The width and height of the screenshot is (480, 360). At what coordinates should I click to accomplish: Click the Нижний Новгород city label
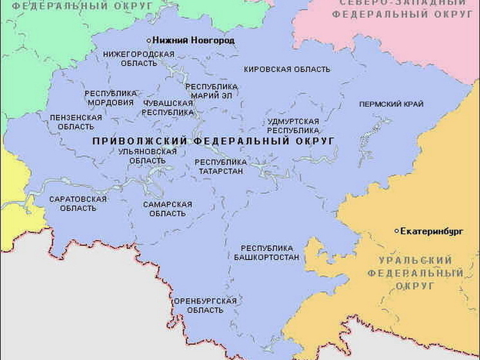193,40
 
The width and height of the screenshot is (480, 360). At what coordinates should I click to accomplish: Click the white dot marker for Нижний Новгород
149,40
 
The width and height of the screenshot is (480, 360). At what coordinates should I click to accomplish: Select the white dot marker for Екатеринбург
396,231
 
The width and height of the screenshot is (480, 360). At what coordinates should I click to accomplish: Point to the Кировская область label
287,69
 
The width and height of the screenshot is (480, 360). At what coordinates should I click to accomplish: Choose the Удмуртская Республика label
293,126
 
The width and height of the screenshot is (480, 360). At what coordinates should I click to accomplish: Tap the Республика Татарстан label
221,166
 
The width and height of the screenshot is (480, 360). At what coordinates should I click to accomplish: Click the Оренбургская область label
205,305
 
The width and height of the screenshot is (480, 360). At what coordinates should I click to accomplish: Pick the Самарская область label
167,209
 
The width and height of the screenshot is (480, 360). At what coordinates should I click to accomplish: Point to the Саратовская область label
77,204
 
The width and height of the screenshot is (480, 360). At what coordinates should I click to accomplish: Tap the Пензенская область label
76,122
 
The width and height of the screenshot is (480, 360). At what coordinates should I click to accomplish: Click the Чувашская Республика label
167,108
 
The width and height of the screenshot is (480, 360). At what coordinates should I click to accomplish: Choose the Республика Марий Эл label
211,91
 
